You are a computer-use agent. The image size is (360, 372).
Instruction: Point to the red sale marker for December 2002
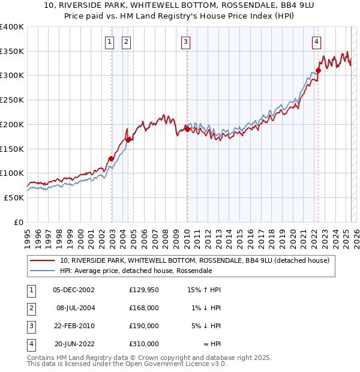pyautogui.click(x=111, y=159)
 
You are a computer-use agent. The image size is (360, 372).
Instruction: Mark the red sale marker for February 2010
pyautogui.click(x=187, y=129)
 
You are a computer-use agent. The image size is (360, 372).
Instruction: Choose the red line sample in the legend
pyautogui.click(x=43, y=261)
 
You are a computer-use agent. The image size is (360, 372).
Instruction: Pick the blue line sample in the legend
pyautogui.click(x=43, y=271)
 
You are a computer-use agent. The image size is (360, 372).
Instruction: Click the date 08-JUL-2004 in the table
pyautogui.click(x=75, y=308)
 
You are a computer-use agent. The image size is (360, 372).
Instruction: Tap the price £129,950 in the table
pyautogui.click(x=144, y=290)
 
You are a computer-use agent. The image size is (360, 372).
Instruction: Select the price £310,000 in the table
pyautogui.click(x=144, y=344)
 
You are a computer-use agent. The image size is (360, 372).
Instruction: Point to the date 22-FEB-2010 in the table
pyautogui.click(x=74, y=326)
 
